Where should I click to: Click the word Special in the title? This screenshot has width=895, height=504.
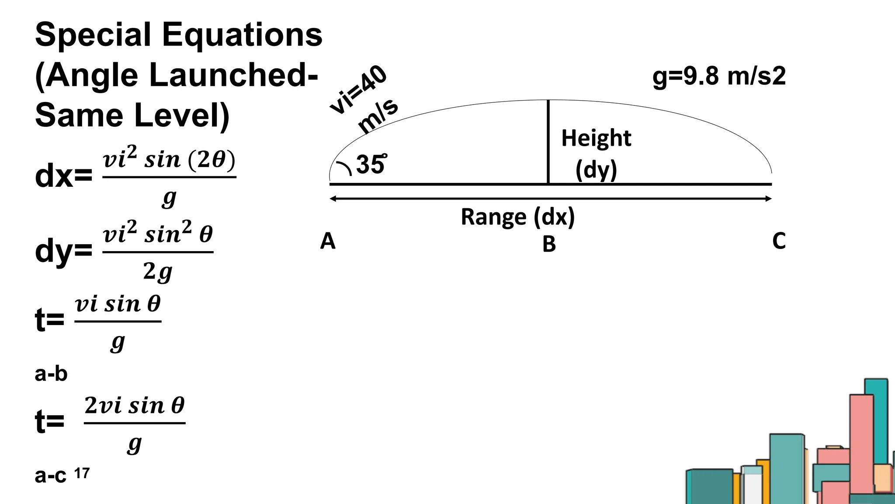pyautogui.click(x=93, y=35)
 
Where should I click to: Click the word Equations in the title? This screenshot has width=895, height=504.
pyautogui.click(x=242, y=35)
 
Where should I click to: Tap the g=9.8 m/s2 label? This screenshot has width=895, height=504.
pyautogui.click(x=718, y=76)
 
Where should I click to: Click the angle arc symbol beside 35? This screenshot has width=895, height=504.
pyautogui.click(x=344, y=168)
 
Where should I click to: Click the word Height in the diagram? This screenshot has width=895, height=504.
pyautogui.click(x=596, y=138)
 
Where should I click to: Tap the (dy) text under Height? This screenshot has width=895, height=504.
pyautogui.click(x=596, y=170)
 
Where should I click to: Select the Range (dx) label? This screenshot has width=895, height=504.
pyautogui.click(x=517, y=217)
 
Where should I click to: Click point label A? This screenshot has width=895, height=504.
pyautogui.click(x=327, y=241)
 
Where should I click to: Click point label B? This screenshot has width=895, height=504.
pyautogui.click(x=549, y=244)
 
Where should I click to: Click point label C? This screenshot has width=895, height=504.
pyautogui.click(x=779, y=241)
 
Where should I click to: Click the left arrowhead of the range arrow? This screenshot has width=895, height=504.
pyautogui.click(x=333, y=199)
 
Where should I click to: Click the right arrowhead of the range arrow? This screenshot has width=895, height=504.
pyautogui.click(x=768, y=199)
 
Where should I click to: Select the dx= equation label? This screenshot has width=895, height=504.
pyautogui.click(x=63, y=176)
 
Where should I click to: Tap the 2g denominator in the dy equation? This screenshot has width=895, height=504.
pyautogui.click(x=157, y=272)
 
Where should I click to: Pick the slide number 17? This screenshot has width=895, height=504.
pyautogui.click(x=82, y=473)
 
